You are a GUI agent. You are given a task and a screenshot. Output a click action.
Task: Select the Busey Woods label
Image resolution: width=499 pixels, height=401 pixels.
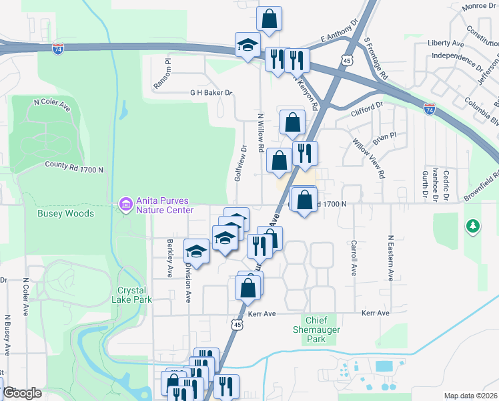pos(66,214)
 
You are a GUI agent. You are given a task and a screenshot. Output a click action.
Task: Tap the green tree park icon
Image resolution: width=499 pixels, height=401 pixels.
pos(473,227)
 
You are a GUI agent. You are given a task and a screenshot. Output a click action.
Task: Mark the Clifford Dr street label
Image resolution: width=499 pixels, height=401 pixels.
pos(368,106)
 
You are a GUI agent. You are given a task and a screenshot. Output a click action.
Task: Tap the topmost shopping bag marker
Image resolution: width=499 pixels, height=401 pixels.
pos(269,19)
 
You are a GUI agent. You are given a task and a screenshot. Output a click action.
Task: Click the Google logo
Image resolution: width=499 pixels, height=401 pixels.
pos(22,393)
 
